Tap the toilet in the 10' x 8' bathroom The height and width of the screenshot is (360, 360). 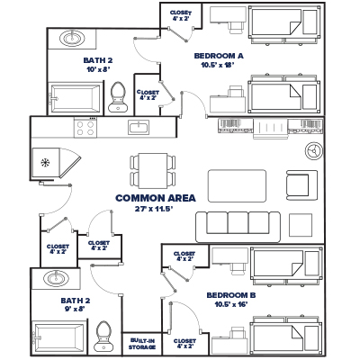[x=117, y=96]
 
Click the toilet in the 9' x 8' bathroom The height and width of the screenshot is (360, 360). [x=103, y=335]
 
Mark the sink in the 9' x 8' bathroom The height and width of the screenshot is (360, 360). [x=56, y=277]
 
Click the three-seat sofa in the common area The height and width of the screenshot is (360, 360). [x=233, y=223]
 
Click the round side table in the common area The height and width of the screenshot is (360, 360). [x=312, y=150]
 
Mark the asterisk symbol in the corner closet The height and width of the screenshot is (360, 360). [x=46, y=162]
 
